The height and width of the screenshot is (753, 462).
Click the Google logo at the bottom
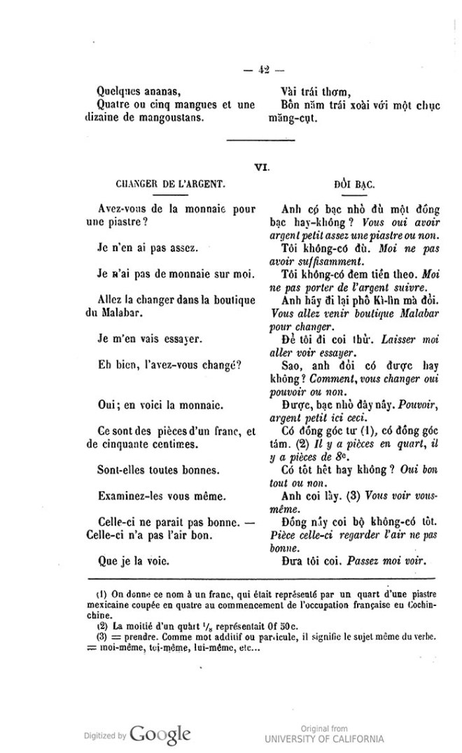(x=160, y=733)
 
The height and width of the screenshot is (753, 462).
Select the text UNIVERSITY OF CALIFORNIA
(x=324, y=739)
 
